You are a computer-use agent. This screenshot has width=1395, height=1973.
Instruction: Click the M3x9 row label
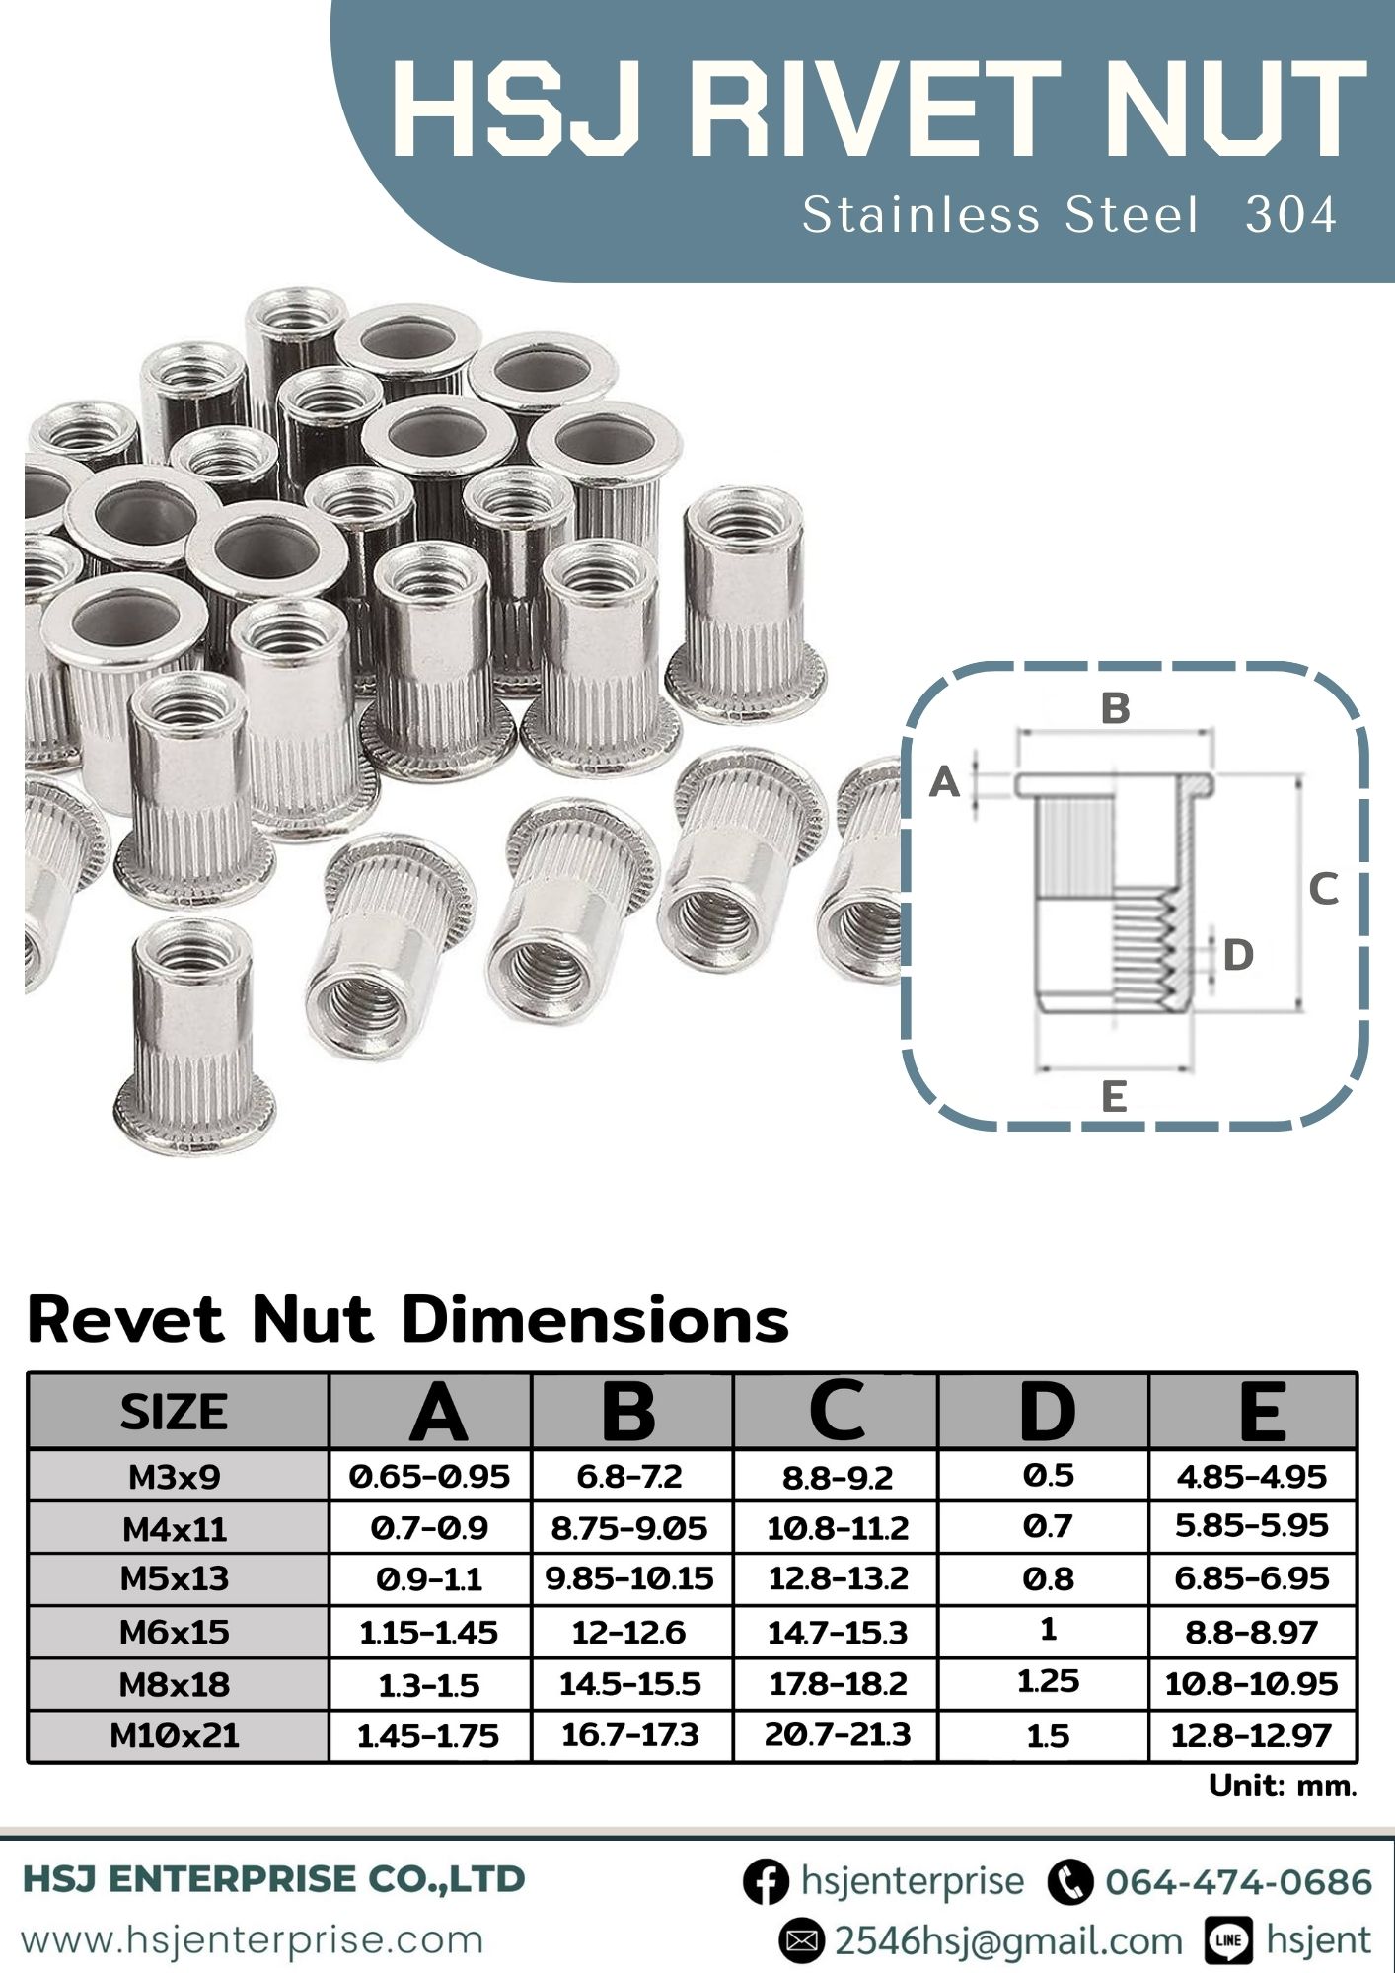coord(175,1477)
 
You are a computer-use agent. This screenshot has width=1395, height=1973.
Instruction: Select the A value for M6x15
coord(429,1632)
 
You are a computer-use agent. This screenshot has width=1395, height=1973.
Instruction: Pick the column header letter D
coord(1046,1412)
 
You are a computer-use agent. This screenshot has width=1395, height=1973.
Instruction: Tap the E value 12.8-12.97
coord(1251,1735)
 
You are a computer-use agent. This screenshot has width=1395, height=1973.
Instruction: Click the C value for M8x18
coord(838,1683)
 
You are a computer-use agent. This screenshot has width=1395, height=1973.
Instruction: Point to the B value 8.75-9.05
coord(629,1528)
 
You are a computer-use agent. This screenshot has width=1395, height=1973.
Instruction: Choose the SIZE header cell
coord(175,1412)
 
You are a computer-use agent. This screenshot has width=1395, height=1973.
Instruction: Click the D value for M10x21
coord(1048,1735)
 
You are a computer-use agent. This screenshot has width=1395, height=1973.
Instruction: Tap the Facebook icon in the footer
coord(766,1881)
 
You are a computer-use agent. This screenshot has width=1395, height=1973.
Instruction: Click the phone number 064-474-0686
coord(1238,1881)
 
